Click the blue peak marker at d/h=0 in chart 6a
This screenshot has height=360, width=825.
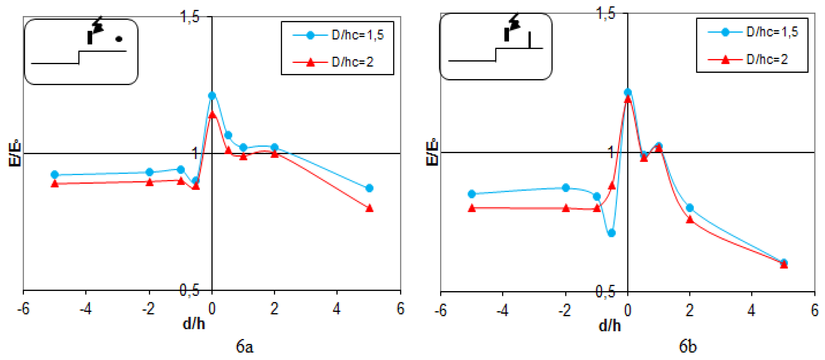click(x=212, y=95)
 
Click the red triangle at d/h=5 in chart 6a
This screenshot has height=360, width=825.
click(x=369, y=208)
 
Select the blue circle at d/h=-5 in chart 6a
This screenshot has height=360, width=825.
click(x=55, y=175)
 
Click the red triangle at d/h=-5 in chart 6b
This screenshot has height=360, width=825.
click(x=471, y=208)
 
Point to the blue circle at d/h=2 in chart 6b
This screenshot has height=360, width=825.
click(x=690, y=208)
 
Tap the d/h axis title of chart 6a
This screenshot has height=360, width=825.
click(x=193, y=324)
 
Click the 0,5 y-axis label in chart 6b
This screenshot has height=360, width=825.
click(x=605, y=291)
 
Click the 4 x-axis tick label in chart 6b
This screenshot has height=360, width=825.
click(x=751, y=310)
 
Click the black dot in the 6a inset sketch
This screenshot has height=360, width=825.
click(x=119, y=39)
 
